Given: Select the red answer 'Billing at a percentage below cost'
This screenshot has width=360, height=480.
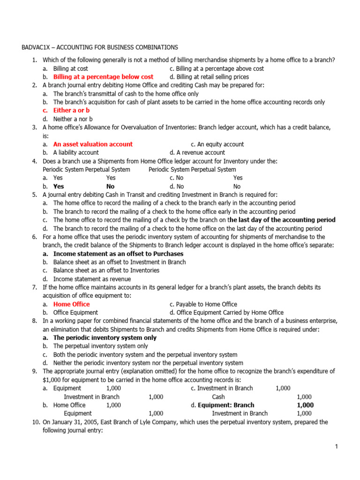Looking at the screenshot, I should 103,77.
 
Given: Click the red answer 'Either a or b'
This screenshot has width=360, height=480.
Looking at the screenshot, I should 71,111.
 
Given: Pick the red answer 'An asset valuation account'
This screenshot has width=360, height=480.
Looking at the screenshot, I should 93,144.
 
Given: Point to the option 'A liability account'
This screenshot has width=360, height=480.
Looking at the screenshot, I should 76,153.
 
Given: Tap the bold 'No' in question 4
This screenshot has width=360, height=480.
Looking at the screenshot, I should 111,187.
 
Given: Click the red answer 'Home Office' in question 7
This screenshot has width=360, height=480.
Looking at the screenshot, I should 71,304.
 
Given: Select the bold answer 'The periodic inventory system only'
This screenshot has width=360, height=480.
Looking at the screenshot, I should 105,338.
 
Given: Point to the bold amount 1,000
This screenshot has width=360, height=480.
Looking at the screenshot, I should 305,405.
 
